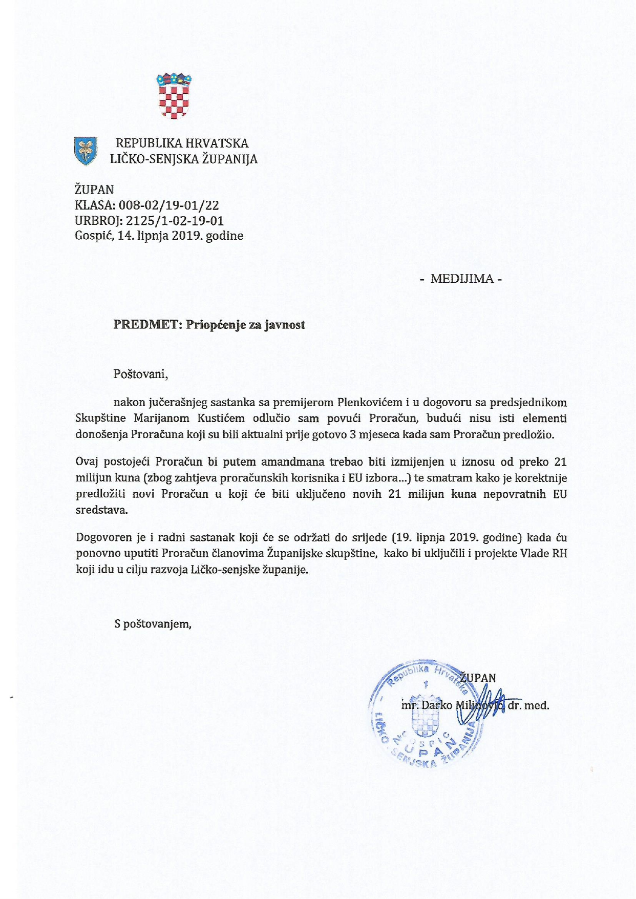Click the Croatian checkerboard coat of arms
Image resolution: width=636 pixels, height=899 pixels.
pos(174,96)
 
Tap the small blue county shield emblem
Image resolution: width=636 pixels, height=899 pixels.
pos(86,151)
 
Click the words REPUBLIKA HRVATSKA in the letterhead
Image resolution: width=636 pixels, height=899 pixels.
pos(182,143)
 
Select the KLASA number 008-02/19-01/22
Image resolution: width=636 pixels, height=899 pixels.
pos(169,205)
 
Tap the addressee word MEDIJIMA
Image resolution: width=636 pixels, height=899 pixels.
pos(462,279)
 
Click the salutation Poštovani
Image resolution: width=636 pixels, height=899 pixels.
pos(141,373)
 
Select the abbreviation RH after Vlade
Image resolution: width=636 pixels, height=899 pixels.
pos(559,553)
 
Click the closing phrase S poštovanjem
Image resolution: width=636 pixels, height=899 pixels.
pos(153,624)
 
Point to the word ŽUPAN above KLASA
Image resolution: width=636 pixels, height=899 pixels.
pos(94,190)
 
